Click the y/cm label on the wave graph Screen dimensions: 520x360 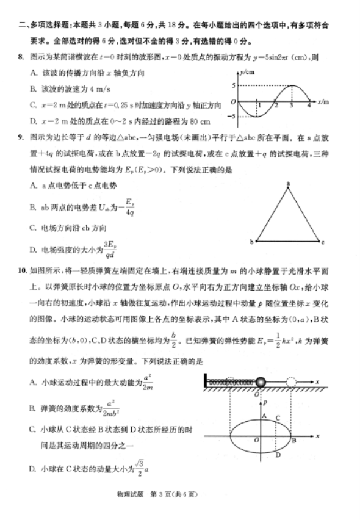pyautogui.click(x=246, y=71)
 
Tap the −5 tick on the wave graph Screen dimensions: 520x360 pyautogui.click(x=231, y=116)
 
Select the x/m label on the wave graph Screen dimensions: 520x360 pyautogui.click(x=323, y=100)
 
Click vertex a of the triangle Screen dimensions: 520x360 pyautogui.click(x=287, y=183)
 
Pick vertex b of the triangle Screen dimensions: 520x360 pyautogui.click(x=251, y=242)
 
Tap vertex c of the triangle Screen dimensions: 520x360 pyautogui.click(x=323, y=242)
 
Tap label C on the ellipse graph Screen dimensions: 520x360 pyautogui.click(x=278, y=418)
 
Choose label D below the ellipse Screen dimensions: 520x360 pyautogui.click(x=278, y=455)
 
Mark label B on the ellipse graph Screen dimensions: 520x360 pyautogui.click(x=294, y=440)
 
